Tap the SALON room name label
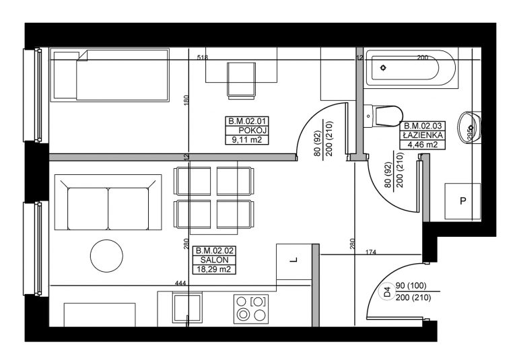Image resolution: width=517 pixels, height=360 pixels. click(x=214, y=260)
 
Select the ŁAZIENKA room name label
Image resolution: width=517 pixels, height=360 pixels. click(x=423, y=135)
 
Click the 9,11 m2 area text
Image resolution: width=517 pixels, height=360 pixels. click(x=246, y=140)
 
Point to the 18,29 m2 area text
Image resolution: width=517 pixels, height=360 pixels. click(x=213, y=269)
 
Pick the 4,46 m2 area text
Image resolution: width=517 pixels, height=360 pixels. click(x=422, y=145)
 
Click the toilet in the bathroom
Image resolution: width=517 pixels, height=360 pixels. click(x=383, y=116)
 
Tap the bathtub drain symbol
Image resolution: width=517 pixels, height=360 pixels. click(x=383, y=68)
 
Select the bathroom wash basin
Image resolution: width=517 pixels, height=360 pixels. click(x=469, y=128)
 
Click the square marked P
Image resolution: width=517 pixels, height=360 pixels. click(x=462, y=201)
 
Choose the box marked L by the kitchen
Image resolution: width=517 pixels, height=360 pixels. click(x=294, y=262)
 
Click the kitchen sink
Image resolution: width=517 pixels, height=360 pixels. click(x=187, y=308)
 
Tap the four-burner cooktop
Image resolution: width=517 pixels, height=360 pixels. click(x=251, y=310)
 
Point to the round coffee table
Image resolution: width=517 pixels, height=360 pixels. click(x=106, y=256)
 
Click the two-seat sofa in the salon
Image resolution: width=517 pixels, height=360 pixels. click(x=108, y=202)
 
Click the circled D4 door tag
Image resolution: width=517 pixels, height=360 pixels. click(x=387, y=291)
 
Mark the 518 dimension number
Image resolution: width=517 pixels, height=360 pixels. click(x=203, y=57)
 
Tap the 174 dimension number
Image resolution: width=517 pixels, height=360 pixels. click(x=371, y=252)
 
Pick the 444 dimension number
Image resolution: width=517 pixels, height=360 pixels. click(x=180, y=283)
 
